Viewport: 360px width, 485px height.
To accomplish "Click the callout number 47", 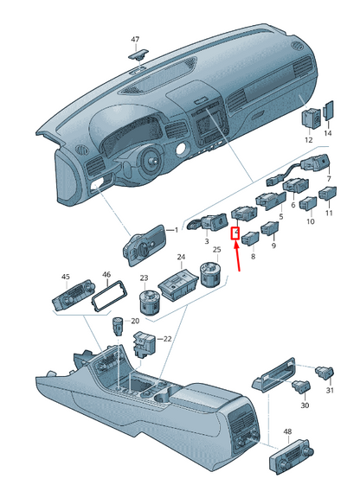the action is [135, 40].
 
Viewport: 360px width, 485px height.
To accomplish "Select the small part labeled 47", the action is [138, 54].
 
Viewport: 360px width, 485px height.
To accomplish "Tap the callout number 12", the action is [309, 140].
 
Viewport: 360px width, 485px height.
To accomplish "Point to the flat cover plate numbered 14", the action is [329, 111].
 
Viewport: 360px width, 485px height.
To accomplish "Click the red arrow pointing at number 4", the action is [237, 258].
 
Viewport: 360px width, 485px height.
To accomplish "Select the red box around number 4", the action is [235, 233].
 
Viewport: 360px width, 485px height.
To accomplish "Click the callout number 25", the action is [217, 250].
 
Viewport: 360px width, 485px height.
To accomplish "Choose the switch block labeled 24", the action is [178, 284].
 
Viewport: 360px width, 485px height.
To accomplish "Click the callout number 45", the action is [66, 277].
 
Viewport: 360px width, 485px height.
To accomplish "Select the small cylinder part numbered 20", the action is [117, 326].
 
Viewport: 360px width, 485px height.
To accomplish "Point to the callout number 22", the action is [167, 339].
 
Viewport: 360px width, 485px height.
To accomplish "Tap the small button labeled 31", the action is [325, 372].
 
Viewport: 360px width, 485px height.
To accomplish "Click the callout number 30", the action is [305, 405].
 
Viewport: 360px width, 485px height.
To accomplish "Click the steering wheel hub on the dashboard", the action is [152, 161].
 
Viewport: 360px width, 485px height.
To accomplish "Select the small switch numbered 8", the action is [250, 238].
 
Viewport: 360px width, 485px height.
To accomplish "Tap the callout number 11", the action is [329, 214].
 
